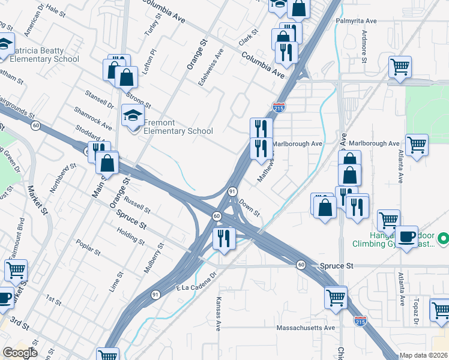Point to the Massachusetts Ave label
click(x=306, y=328)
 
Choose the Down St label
click(x=249, y=209)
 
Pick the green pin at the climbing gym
click(x=443, y=239)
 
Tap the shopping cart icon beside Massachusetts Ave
click(x=336, y=297)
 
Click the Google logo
click(x=20, y=353)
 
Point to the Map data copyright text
click(x=424, y=355)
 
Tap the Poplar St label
click(x=88, y=247)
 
